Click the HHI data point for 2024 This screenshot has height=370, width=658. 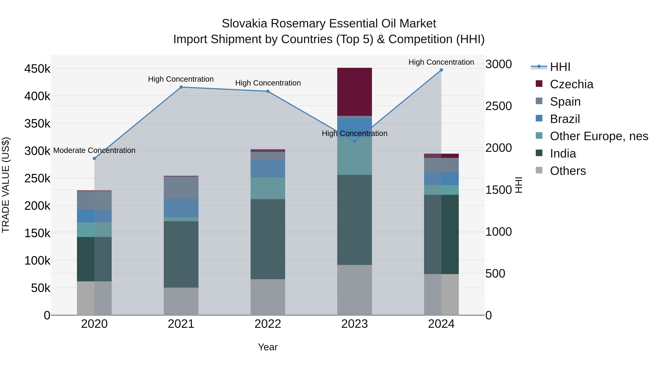click(x=441, y=70)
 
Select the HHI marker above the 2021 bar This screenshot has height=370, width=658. click(x=181, y=87)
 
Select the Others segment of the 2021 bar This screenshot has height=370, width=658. click(x=181, y=301)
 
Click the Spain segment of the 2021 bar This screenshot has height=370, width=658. click(x=181, y=188)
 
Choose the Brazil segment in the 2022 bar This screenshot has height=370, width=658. click(x=268, y=169)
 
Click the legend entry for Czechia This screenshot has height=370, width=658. click(x=571, y=84)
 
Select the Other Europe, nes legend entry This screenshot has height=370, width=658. click(x=599, y=136)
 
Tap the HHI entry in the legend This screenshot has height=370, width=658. click(x=560, y=67)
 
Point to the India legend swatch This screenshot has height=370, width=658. click(x=539, y=153)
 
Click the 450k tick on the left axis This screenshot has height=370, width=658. click(x=37, y=69)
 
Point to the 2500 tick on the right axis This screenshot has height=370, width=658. click(x=498, y=106)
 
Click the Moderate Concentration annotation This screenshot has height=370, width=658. click(x=94, y=150)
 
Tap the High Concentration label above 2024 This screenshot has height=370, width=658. click(x=441, y=62)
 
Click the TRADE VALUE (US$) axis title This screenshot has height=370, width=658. click(x=6, y=185)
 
